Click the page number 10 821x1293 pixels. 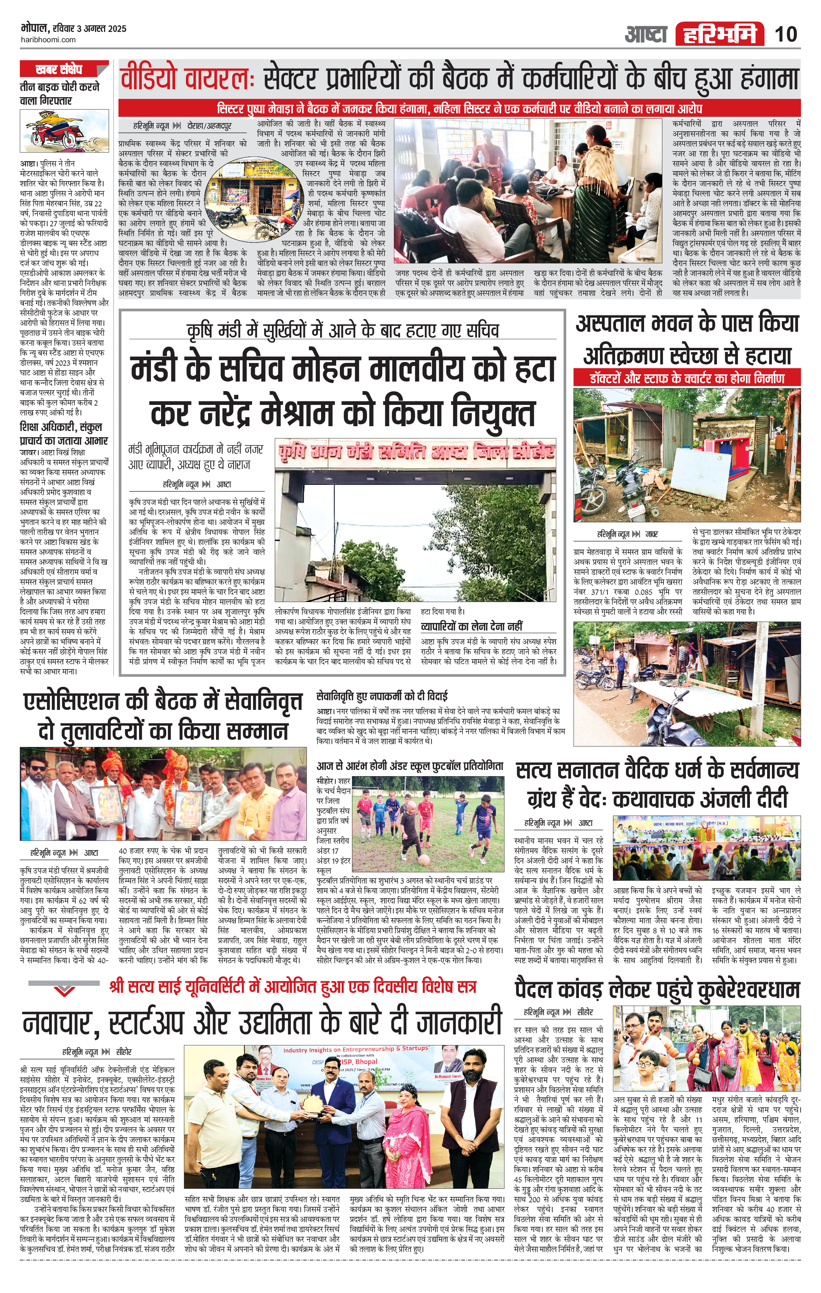coord(786,34)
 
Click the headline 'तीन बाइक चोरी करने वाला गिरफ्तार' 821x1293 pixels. coord(59,93)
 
